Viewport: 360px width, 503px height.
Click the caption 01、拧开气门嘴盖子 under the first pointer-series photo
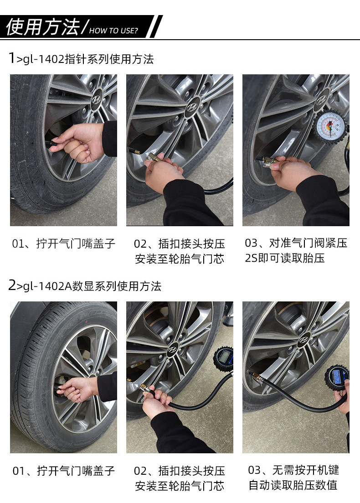(64, 244)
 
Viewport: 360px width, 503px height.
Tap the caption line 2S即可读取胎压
(285, 258)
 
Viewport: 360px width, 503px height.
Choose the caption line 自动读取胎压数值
(293, 485)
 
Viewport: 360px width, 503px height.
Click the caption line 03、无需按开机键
(293, 470)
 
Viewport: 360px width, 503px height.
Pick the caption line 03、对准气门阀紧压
(296, 243)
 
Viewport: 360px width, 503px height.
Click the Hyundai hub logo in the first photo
(96, 99)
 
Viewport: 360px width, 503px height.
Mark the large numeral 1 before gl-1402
(11, 58)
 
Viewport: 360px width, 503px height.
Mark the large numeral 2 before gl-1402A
(12, 285)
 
